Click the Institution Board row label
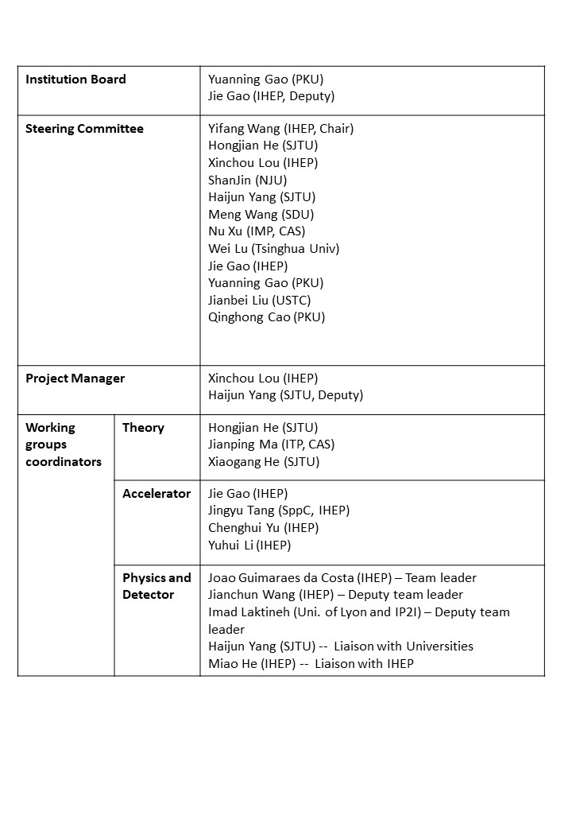tap(75, 80)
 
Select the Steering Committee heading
tap(84, 129)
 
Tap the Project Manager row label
tap(75, 379)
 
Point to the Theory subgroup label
tap(143, 428)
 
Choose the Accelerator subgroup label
tap(157, 494)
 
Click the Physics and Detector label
tap(157, 586)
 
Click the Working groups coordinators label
tap(64, 445)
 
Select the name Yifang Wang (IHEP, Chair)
tap(280, 129)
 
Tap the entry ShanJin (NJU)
tap(247, 181)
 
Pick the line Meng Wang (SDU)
tap(261, 215)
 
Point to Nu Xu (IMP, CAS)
tap(256, 231)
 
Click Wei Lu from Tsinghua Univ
tap(273, 249)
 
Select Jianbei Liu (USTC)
tap(259, 301)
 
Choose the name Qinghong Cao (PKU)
tap(266, 317)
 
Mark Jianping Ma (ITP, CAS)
tap(271, 445)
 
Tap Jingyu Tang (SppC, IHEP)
tap(278, 511)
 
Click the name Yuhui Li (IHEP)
tap(249, 546)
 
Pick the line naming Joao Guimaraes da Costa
tap(342, 578)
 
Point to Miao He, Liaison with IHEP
tap(311, 664)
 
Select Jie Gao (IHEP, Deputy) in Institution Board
tap(271, 96)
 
